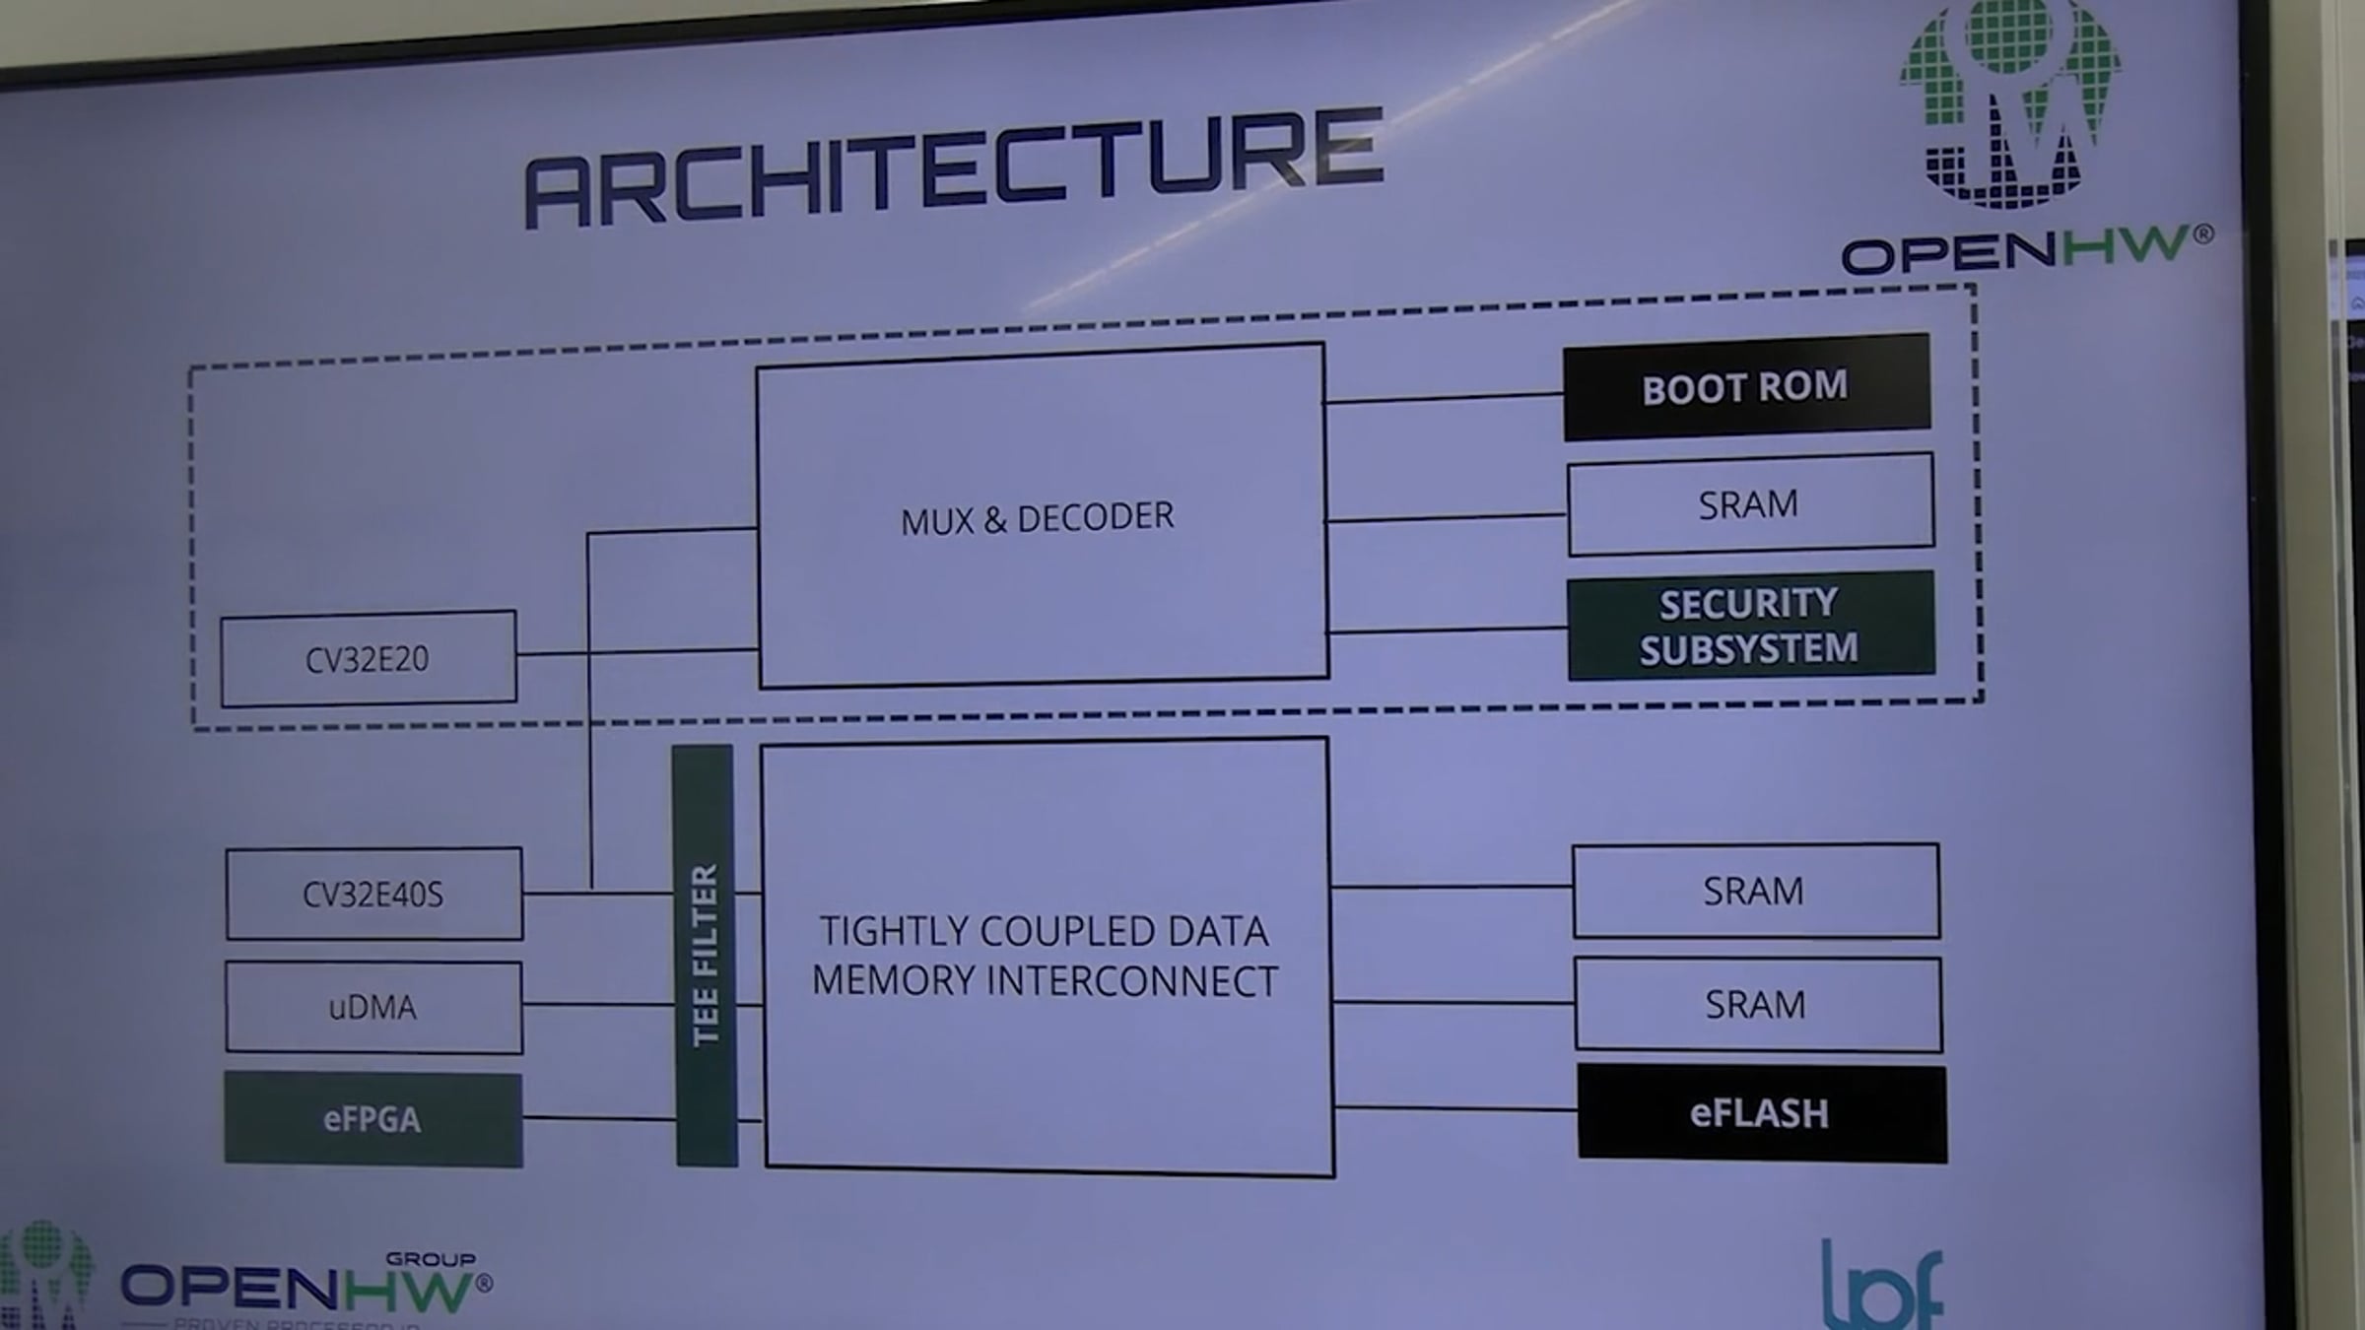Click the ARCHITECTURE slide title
(954, 167)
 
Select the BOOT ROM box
(1745, 387)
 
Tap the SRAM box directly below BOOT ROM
(1749, 504)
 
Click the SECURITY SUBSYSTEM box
(1750, 626)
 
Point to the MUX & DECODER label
(1038, 518)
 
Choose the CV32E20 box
(368, 658)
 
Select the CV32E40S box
(373, 894)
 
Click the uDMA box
(373, 1007)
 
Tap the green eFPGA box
(373, 1119)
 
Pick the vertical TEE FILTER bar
(705, 956)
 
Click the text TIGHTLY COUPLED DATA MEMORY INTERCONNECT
(1045, 956)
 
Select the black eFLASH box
(1761, 1113)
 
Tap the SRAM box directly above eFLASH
(1757, 1004)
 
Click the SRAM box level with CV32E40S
(1754, 891)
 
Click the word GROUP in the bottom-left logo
(431, 1259)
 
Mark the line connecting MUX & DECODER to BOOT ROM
(1444, 397)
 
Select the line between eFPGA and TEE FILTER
(598, 1118)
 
